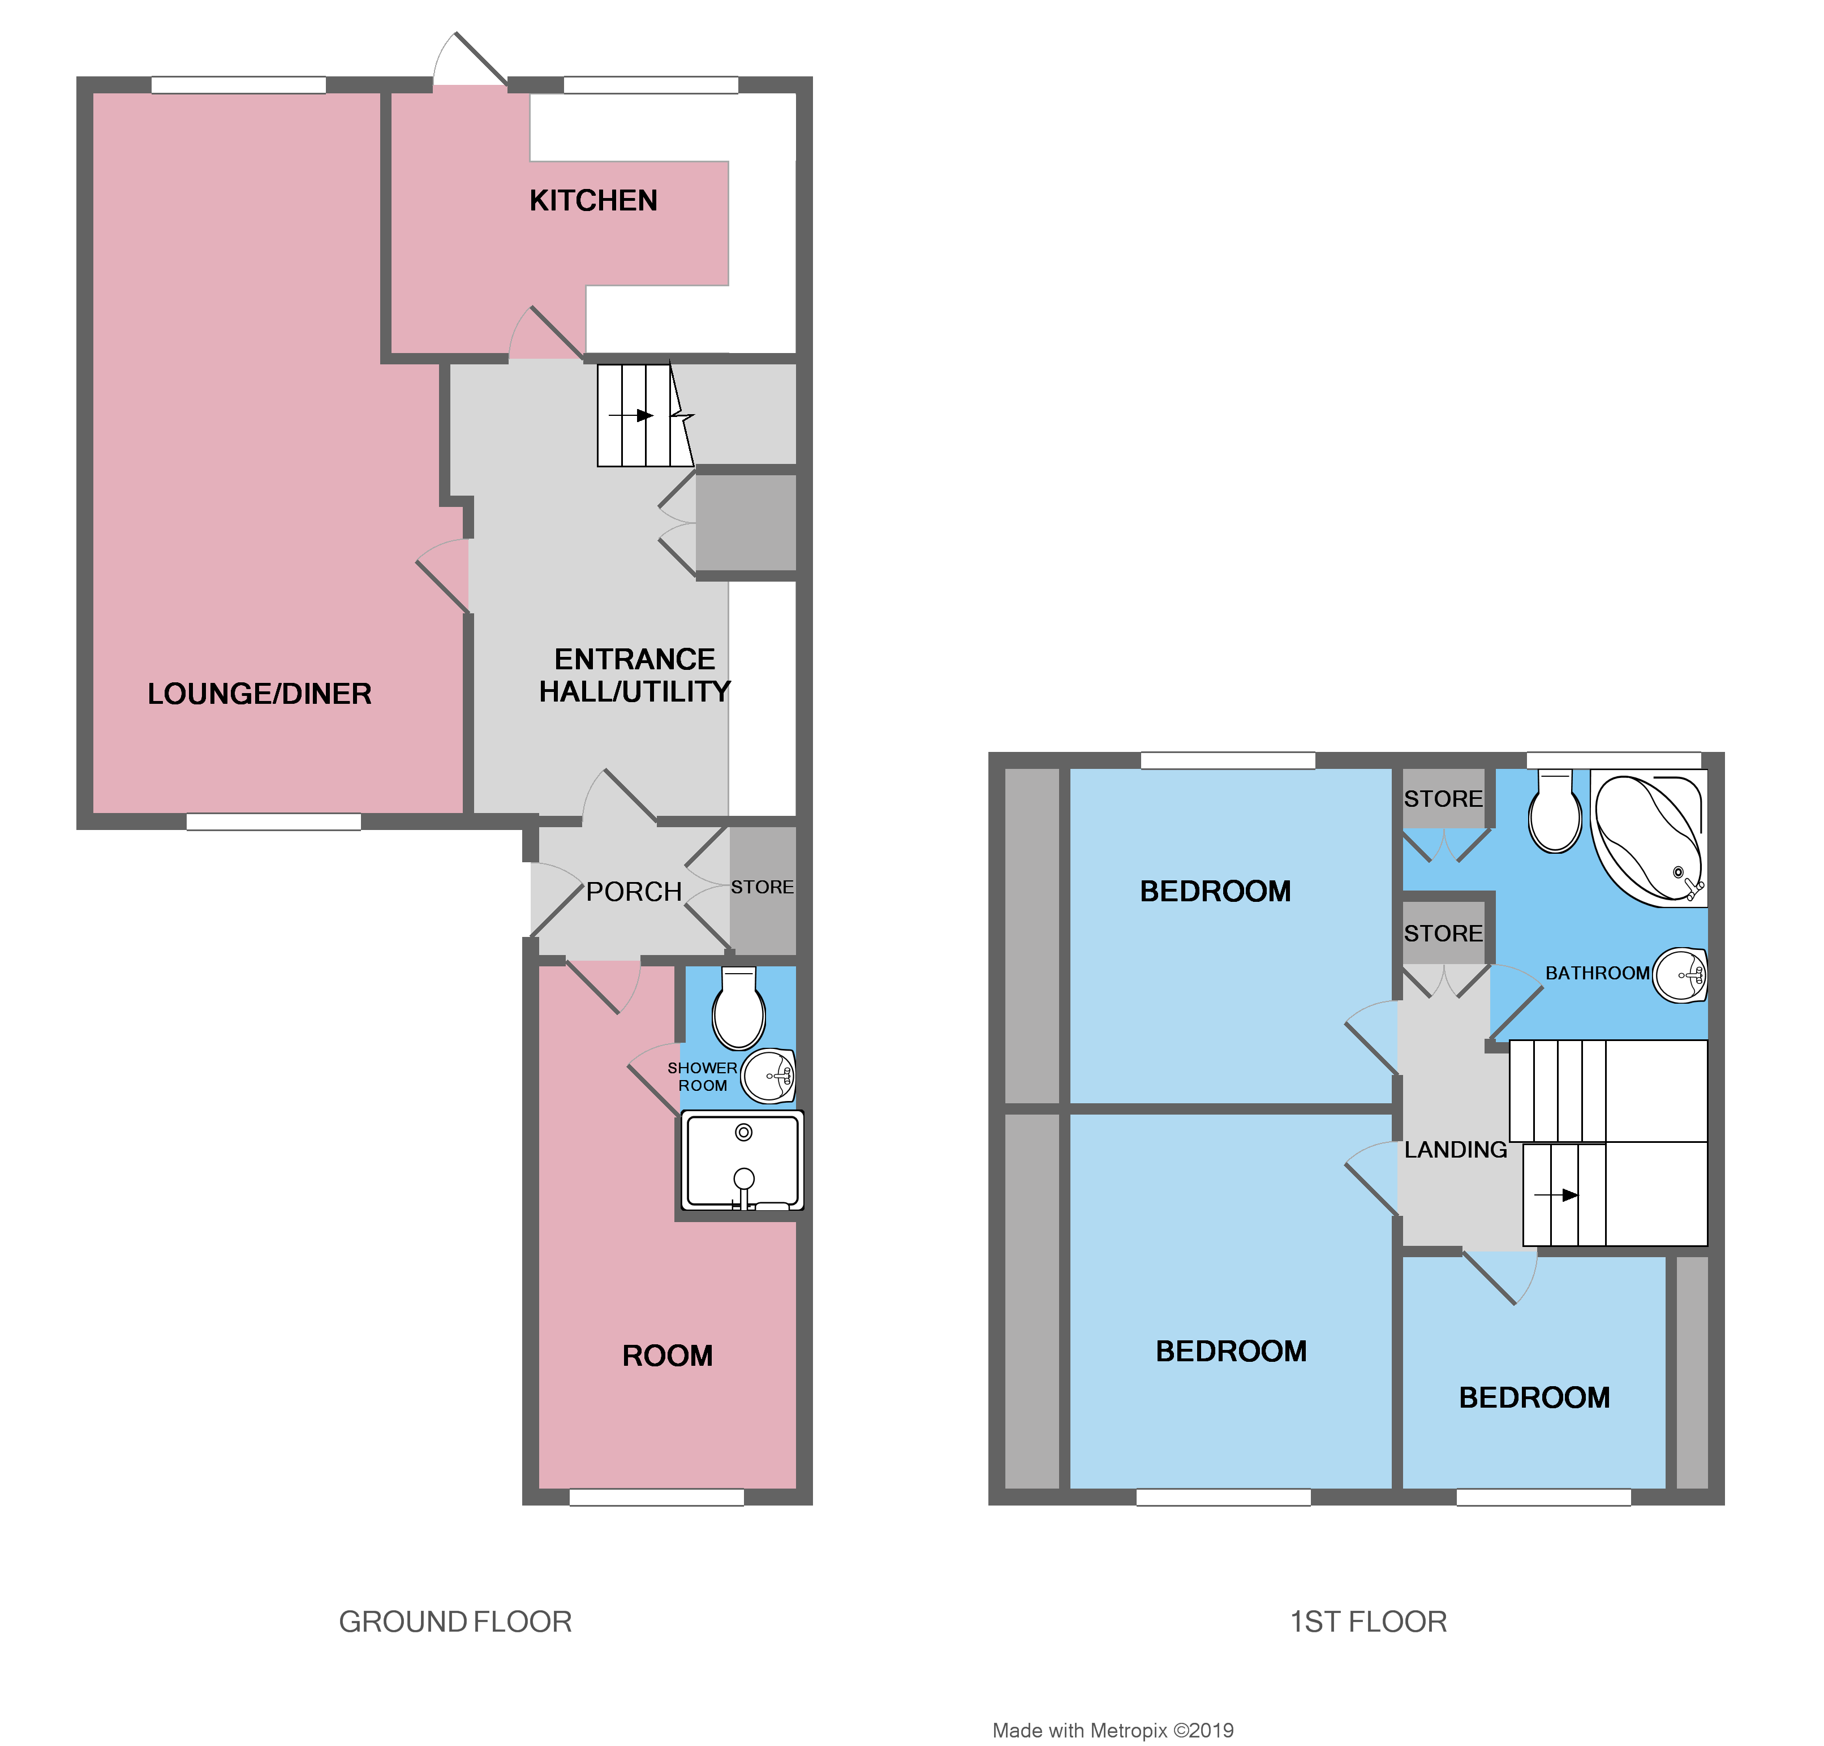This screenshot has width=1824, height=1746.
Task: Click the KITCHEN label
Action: (x=593, y=200)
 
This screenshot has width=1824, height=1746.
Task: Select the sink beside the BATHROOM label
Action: (x=1681, y=975)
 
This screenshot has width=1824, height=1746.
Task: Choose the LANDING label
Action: (x=1456, y=1150)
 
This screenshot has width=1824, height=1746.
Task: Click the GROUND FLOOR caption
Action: (x=454, y=1622)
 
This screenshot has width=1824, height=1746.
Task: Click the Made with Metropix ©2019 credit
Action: (x=1112, y=1730)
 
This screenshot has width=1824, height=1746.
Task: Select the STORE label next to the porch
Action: (x=762, y=887)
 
